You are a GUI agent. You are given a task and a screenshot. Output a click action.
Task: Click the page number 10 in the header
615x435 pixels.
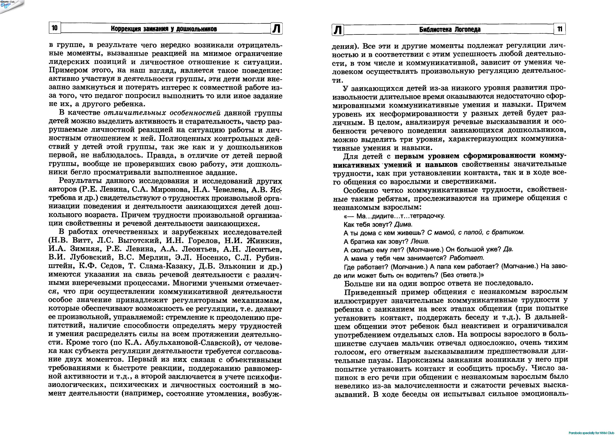[55, 28]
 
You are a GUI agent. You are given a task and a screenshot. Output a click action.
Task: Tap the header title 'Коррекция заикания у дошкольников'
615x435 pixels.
[164, 29]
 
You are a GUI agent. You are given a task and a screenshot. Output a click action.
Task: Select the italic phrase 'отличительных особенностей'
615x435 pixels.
[162, 113]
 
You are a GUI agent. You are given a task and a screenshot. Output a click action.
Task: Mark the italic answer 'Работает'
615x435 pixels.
[467, 258]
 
